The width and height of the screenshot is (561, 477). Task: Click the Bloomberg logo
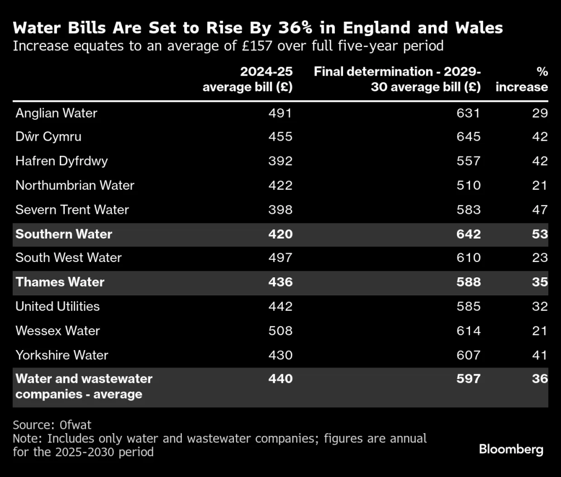pyautogui.click(x=511, y=450)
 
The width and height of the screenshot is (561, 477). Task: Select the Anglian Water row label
pyautogui.click(x=56, y=113)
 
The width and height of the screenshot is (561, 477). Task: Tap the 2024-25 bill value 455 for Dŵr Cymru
pyautogui.click(x=280, y=137)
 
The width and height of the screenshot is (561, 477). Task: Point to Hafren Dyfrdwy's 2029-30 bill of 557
pyautogui.click(x=468, y=161)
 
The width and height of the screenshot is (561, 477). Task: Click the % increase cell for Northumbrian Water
pyautogui.click(x=540, y=185)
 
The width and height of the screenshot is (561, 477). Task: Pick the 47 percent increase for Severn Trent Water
pyautogui.click(x=540, y=210)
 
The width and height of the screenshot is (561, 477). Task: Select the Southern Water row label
pyautogui.click(x=64, y=234)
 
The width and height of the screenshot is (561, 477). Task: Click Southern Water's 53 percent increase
pyautogui.click(x=540, y=234)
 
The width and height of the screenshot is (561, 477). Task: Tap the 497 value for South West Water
pyautogui.click(x=280, y=258)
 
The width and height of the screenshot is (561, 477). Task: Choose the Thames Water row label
pyautogui.click(x=60, y=282)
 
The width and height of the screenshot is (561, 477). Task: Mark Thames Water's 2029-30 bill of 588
pyautogui.click(x=468, y=282)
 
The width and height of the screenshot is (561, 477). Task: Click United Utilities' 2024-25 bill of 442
pyautogui.click(x=280, y=306)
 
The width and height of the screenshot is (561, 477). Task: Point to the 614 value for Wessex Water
pyautogui.click(x=468, y=330)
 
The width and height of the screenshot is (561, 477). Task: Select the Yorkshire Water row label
pyautogui.click(x=62, y=355)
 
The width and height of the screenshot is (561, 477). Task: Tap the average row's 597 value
pyautogui.click(x=468, y=379)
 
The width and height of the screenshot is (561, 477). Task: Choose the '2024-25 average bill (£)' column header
pyautogui.click(x=248, y=80)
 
